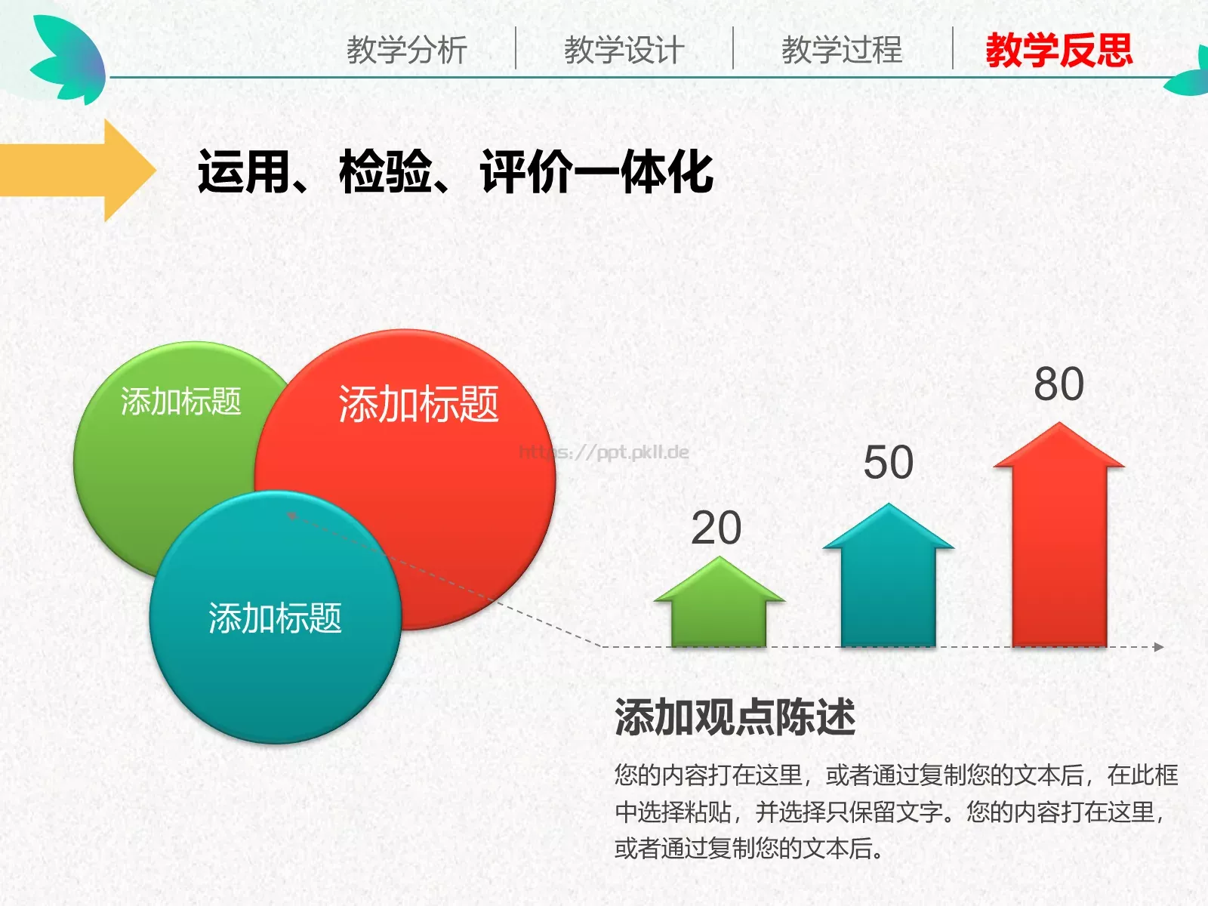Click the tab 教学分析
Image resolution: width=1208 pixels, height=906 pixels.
coord(407,51)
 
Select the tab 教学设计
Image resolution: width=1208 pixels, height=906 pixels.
coord(624,51)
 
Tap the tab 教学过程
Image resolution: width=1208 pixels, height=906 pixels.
coord(842,51)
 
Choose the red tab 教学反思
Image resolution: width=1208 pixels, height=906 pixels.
coord(1059,51)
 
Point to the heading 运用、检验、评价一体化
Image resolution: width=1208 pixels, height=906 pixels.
coord(455,172)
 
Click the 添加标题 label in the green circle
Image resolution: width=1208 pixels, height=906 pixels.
coord(181,401)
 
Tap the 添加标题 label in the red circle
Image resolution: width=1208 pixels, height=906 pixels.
coord(418,404)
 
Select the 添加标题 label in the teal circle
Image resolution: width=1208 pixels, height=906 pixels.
coord(275,618)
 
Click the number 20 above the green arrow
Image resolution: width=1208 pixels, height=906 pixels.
coord(716,528)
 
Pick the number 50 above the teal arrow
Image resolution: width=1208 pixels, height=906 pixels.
coord(888,462)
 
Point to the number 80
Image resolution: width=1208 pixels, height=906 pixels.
coord(1059,384)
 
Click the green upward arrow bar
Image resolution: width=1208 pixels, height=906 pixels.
coord(719,608)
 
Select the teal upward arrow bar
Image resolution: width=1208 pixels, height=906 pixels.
coord(889,581)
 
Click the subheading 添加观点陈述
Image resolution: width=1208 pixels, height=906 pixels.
coord(735,717)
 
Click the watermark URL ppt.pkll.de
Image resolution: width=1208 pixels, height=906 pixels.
coord(604,452)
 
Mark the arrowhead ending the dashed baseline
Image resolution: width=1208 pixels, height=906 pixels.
coord(1158,647)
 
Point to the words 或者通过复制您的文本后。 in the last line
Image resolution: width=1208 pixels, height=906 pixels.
coord(749,849)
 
